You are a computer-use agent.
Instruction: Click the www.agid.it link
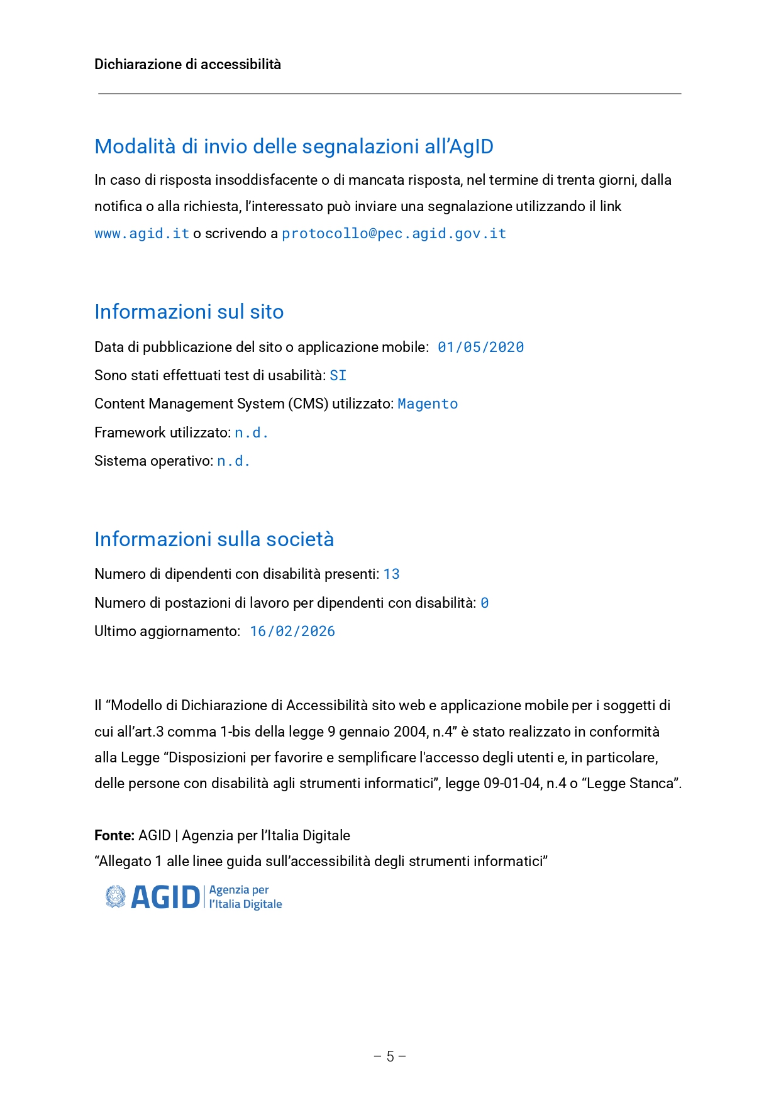[x=141, y=234]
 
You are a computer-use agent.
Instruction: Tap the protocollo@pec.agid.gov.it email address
[x=394, y=234]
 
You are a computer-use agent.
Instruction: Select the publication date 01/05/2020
[x=480, y=348]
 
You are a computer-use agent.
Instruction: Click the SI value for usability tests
[x=338, y=376]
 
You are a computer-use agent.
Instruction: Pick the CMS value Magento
[x=428, y=404]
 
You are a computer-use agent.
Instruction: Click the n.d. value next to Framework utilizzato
[x=252, y=433]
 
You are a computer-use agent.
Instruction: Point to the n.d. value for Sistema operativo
[x=233, y=461]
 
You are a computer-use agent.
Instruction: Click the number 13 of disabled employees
[x=391, y=574]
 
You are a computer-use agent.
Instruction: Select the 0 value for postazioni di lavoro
[x=484, y=603]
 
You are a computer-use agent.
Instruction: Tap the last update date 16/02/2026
[x=292, y=632]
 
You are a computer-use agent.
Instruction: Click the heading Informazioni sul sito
[x=189, y=312]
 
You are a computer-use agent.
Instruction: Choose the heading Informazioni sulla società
[x=214, y=539]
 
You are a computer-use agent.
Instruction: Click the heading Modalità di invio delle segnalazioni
[x=294, y=146]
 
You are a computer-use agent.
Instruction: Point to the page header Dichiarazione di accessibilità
[x=187, y=64]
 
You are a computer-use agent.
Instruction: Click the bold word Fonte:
[x=114, y=835]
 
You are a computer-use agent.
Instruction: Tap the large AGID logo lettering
[x=165, y=897]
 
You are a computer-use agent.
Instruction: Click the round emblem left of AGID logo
[x=115, y=897]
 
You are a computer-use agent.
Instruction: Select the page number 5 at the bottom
[x=390, y=1056]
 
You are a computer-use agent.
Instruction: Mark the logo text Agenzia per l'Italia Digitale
[x=245, y=897]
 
